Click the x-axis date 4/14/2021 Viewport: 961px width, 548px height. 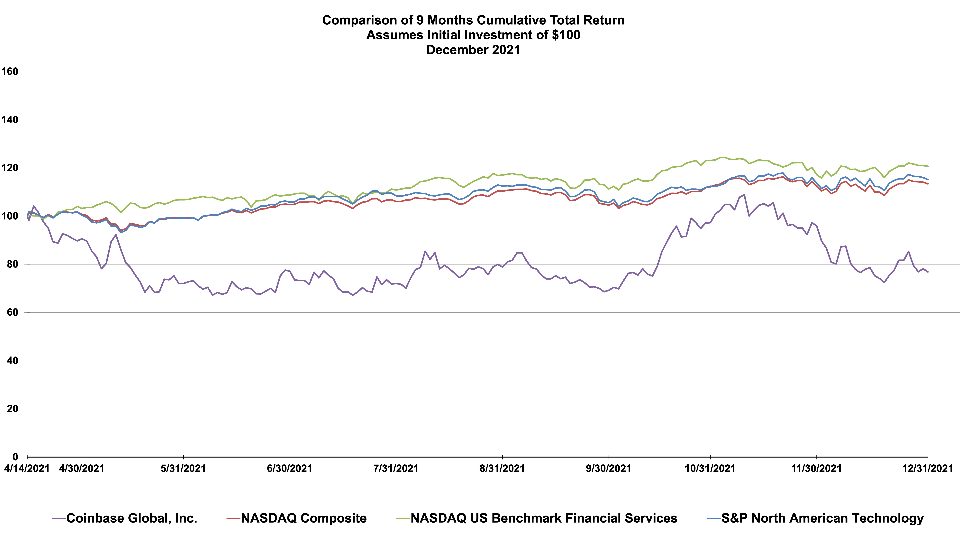27,469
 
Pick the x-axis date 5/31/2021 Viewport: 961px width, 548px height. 183,469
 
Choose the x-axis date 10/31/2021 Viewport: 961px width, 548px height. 710,469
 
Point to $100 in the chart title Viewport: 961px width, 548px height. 566,35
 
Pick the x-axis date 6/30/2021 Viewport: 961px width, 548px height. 290,469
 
